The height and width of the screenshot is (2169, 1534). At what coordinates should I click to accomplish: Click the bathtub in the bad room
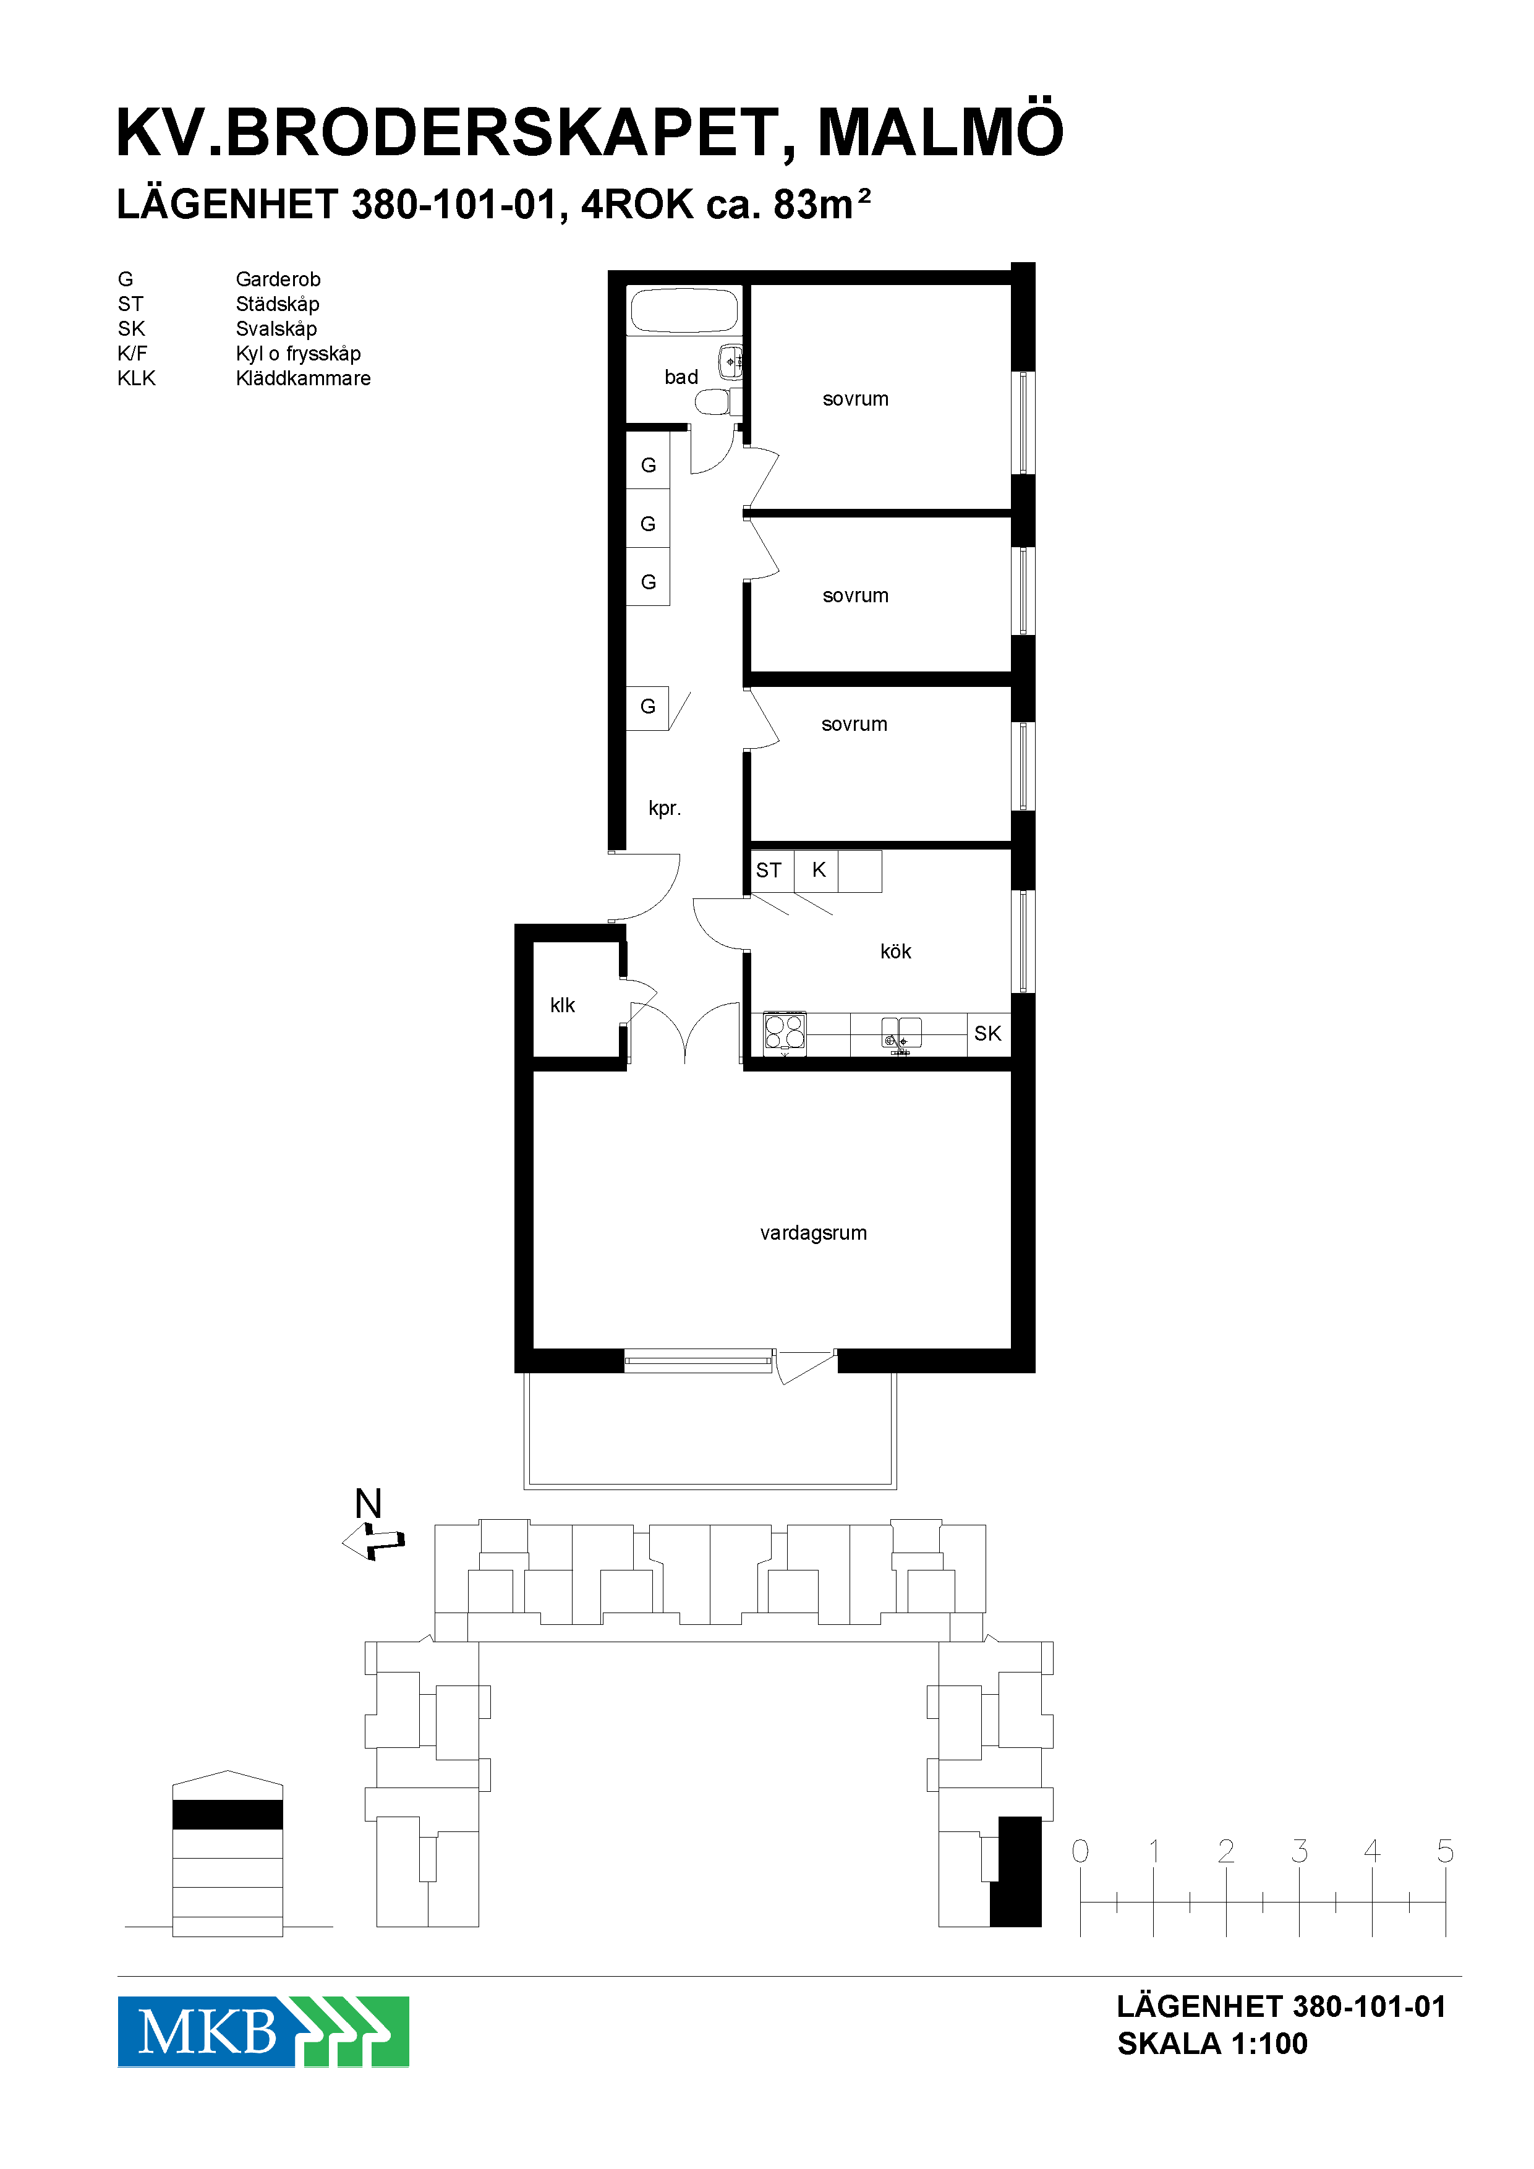pos(684,310)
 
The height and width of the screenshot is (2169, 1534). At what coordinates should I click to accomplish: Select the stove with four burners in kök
pos(784,1033)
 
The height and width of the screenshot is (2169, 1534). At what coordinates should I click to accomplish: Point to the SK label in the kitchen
pos(987,1033)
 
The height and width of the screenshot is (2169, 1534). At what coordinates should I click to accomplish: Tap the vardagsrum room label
pos(813,1233)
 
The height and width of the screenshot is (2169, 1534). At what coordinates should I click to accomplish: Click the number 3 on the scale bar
pos(1299,1851)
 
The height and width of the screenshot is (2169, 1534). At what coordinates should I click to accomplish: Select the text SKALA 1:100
pos(1212,2043)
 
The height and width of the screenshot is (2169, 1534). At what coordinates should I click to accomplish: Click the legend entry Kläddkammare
pos(303,378)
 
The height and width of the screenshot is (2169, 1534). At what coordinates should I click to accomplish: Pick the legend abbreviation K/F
pos(132,353)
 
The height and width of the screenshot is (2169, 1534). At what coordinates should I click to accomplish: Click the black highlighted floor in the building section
pos(228,1814)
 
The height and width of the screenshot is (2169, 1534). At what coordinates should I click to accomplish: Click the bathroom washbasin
pos(730,362)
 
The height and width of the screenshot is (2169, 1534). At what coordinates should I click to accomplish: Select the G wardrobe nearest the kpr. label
pos(648,707)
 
